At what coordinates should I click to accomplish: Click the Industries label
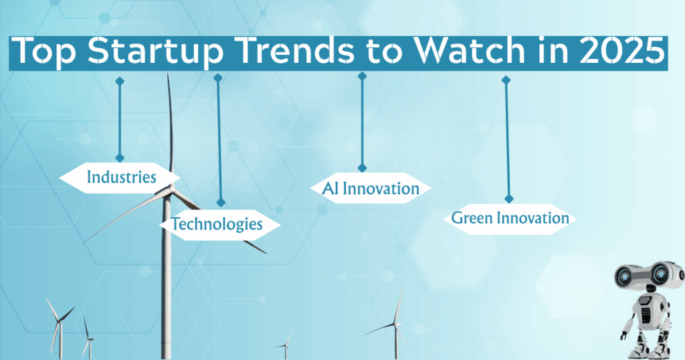click(x=121, y=177)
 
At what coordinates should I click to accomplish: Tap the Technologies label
click(x=217, y=224)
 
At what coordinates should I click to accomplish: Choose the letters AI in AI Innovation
click(x=330, y=189)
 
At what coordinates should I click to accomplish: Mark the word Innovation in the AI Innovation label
click(x=381, y=189)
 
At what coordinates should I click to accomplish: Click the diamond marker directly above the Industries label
click(x=120, y=158)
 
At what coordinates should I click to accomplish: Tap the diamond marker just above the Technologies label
click(x=220, y=202)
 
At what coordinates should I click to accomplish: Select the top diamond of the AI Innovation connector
click(x=363, y=76)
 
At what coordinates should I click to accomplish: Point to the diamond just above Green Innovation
click(x=508, y=199)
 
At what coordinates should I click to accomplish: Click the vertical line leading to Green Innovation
click(x=507, y=141)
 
